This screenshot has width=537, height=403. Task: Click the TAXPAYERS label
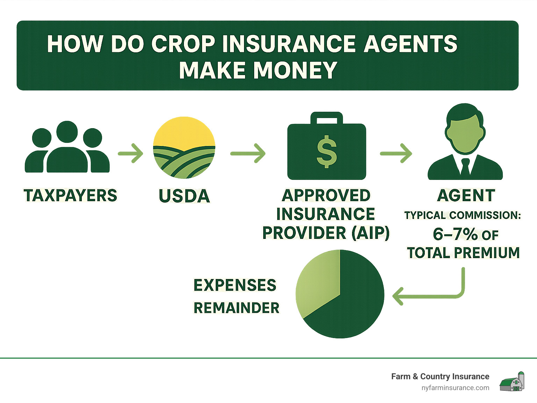pos(70,196)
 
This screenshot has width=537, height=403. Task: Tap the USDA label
pos(184,196)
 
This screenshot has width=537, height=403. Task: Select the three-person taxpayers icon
pos(67,148)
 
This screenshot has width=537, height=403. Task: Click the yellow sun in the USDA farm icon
pos(184,131)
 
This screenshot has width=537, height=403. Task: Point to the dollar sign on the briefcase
pos(327,152)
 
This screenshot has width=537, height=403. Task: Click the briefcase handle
pos(327,118)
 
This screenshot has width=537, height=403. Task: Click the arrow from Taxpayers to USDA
pos(131,153)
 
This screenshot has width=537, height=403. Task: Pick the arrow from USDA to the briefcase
pos(248,153)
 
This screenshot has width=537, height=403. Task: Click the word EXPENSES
pos(235,285)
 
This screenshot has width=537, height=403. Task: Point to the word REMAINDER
pos(236,308)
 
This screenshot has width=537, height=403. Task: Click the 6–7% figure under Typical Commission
pos(455,234)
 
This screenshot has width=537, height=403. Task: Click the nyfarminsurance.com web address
pos(455,388)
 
